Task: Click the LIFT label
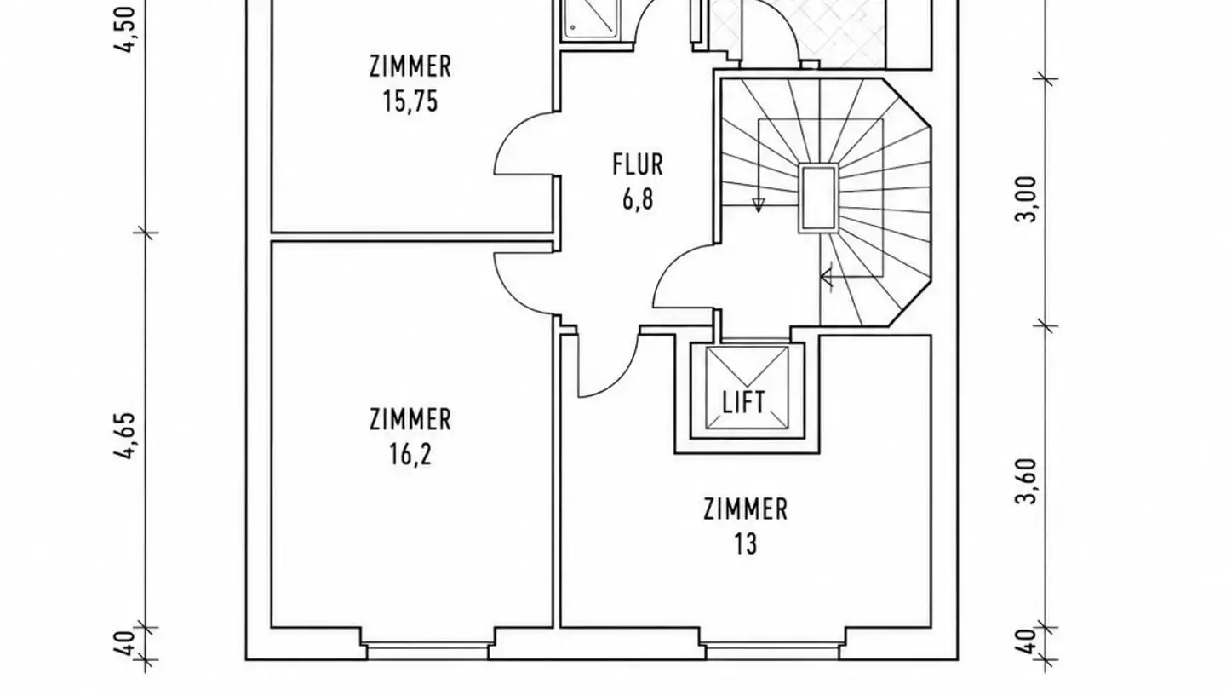click(744, 402)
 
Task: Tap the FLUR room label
click(638, 165)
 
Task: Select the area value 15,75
click(410, 101)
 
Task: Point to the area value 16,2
click(410, 454)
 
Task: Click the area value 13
click(746, 543)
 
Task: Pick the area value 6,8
click(638, 198)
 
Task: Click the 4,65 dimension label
click(125, 435)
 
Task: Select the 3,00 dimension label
click(1026, 198)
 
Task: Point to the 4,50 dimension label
click(125, 29)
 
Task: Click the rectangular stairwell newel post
click(818, 198)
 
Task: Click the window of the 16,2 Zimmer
click(427, 652)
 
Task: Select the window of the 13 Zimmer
click(771, 652)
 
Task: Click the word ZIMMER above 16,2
click(410, 419)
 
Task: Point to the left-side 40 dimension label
click(125, 643)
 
